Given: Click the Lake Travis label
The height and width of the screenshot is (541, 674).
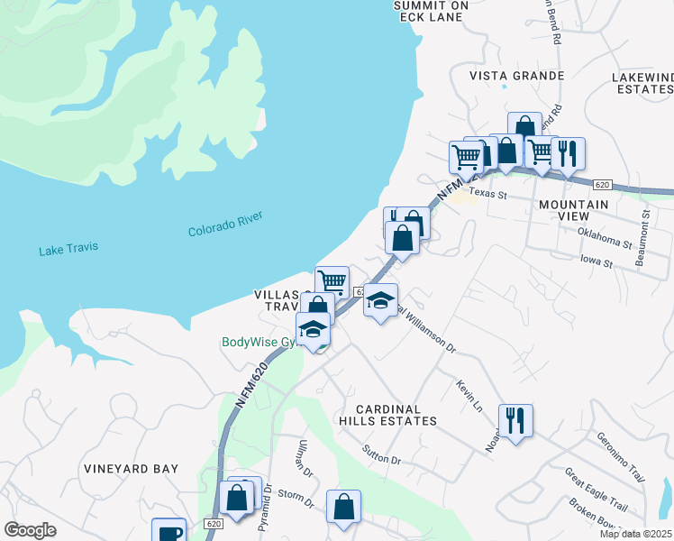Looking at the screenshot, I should coord(68,249).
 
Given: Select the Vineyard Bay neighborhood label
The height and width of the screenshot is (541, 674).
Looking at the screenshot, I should coord(131,469).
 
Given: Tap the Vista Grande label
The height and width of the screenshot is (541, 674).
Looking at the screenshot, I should coord(517,76).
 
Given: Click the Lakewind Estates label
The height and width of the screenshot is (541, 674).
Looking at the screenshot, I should coord(642,84).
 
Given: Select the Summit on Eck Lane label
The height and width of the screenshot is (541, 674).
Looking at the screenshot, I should coord(432,11).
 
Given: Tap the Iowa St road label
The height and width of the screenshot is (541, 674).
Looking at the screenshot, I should coord(595,263).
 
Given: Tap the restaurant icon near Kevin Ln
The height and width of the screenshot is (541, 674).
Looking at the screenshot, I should coord(515,420).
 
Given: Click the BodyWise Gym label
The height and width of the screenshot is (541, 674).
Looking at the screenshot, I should coord(259,343).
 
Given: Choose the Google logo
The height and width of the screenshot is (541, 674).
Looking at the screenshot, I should coord(30,530).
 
